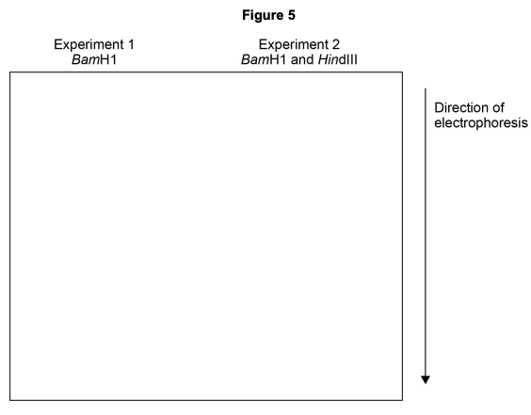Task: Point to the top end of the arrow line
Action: click(426, 88)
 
